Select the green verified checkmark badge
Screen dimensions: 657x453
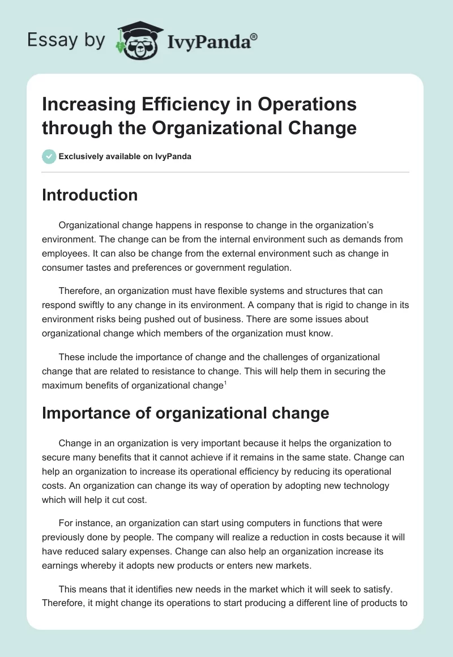pos(49,156)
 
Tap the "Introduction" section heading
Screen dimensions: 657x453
pos(89,195)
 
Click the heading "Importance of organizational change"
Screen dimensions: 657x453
pos(185,413)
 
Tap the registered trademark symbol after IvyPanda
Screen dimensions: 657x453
pos(254,36)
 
